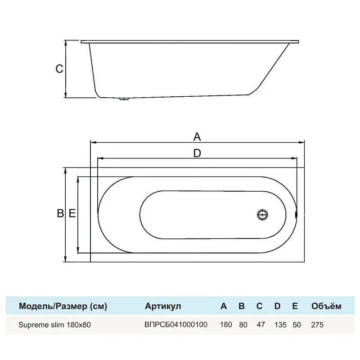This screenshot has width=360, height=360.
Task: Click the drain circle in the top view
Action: [262, 215]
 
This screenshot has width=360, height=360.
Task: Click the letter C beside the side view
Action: [59, 69]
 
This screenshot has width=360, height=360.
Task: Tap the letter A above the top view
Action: [197, 137]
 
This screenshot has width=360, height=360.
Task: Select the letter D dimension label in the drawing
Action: [197, 153]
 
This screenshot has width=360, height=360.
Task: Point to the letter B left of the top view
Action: [60, 213]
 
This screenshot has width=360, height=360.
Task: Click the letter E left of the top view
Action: [72, 213]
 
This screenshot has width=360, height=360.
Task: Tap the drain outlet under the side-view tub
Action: [124, 99]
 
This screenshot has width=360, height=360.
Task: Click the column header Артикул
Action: [163, 306]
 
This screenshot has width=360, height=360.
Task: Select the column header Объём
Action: [326, 306]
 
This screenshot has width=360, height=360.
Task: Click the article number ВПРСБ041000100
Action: [176, 324]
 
